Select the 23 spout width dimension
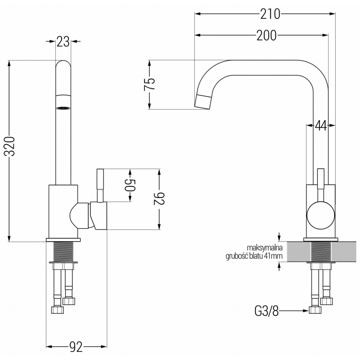click(x=63, y=42)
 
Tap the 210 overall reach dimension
click(x=270, y=13)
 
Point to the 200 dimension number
click(x=266, y=36)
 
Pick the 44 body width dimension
click(x=320, y=126)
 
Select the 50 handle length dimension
click(x=130, y=185)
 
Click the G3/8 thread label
click(x=266, y=310)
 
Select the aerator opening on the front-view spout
click(x=63, y=108)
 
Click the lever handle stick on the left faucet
click(x=100, y=184)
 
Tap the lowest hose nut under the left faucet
click(x=58, y=310)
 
